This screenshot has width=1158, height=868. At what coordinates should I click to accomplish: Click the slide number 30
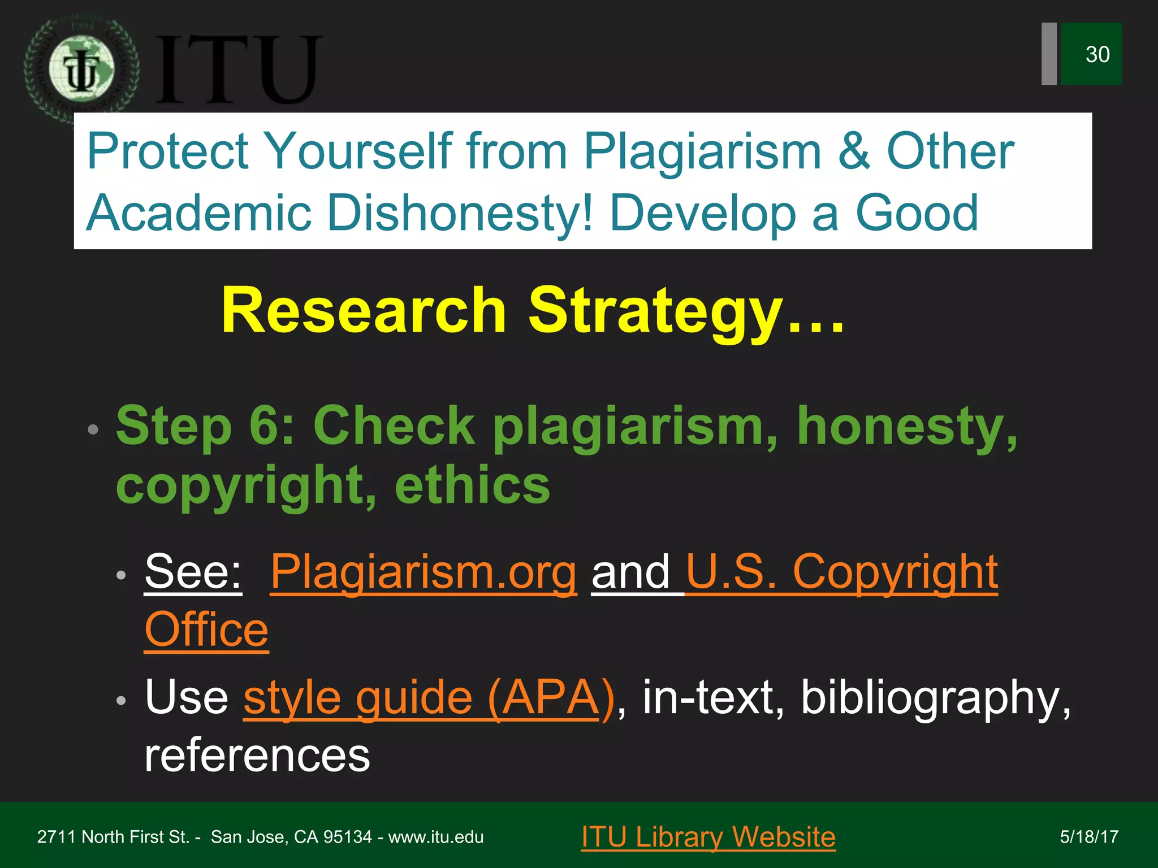pos(1097,55)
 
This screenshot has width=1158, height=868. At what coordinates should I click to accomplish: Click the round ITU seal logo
pos(82,70)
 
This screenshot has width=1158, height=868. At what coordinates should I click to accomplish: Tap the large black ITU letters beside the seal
pos(237,70)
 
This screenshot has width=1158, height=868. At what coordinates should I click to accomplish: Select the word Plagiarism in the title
pos(702,151)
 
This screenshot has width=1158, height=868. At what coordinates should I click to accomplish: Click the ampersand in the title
pos(854,151)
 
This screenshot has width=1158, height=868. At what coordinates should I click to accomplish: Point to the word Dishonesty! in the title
pos(460,213)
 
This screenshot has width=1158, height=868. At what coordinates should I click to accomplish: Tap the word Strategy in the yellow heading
pos(656,310)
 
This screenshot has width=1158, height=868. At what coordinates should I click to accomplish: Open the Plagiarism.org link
pos(424,572)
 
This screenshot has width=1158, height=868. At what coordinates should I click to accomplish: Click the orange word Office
pos(206,630)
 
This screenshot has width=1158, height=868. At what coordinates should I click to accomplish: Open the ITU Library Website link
pos(708,836)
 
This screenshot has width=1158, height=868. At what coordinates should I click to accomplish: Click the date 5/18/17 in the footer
pos(1089,837)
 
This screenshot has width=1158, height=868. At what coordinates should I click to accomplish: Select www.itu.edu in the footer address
pos(436,837)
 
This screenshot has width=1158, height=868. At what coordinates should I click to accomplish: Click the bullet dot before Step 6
pos(93,430)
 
